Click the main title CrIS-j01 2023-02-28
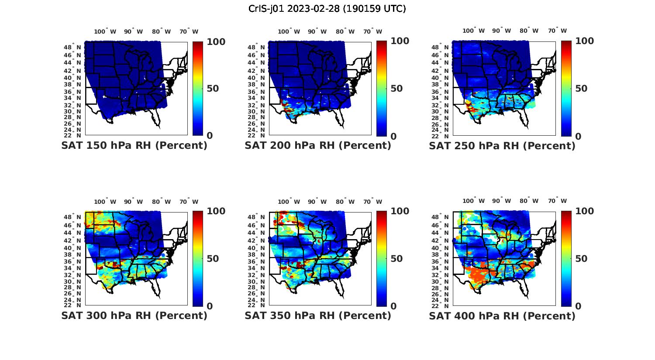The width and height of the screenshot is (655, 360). point(327,9)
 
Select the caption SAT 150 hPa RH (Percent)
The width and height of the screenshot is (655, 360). point(134,145)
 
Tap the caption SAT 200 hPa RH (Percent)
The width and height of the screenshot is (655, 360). point(318,145)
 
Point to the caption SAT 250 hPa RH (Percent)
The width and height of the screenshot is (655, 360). point(502,145)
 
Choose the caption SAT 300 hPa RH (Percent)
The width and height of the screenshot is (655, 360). point(134,315)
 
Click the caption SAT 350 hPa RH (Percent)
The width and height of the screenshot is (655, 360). point(318,315)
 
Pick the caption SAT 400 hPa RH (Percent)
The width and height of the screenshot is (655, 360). point(502,315)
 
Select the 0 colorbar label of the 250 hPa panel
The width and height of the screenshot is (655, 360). point(578,136)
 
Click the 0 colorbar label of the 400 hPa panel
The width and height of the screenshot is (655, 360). point(578,306)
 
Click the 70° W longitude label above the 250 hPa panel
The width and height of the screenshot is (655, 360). point(557,31)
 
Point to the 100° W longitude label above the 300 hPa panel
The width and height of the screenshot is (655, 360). point(105,202)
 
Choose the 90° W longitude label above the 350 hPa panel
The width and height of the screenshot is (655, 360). point(317,202)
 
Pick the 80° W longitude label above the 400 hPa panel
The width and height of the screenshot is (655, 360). point(529,201)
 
